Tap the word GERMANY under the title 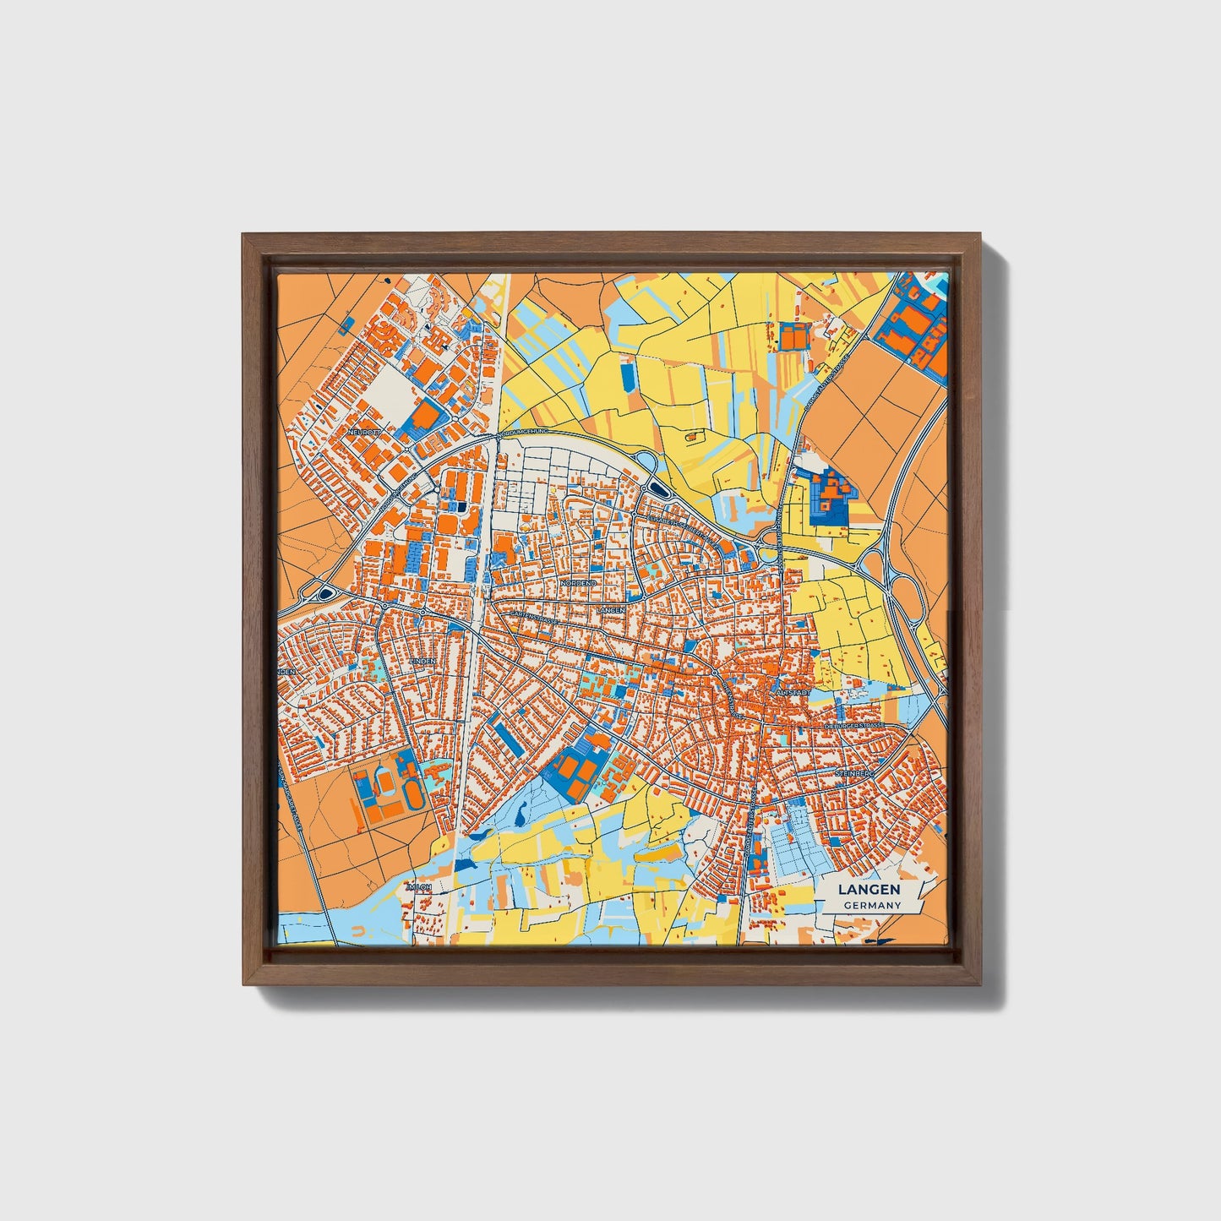coord(871,906)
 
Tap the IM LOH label coord(419,887)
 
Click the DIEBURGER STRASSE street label coord(854,726)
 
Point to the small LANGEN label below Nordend coord(610,609)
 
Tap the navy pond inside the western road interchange coord(324,595)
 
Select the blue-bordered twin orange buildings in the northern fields coord(793,336)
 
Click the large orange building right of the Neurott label coord(428,415)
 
